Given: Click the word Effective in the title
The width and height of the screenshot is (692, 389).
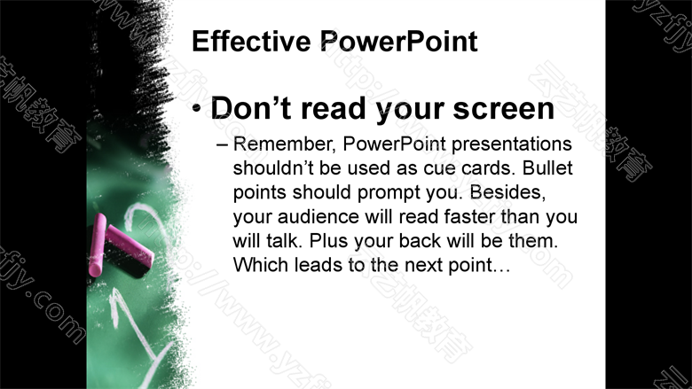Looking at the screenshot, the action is coord(251,42).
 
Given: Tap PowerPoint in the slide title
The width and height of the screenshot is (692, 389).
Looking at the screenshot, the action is coord(398,42).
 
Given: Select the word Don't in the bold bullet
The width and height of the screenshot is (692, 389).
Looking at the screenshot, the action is coord(251,108).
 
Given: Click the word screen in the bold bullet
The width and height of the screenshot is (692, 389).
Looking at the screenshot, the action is coord(504,109).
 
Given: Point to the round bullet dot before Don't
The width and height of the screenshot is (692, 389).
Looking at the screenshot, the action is coord(197,108).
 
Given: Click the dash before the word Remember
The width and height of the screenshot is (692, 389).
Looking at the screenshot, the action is coord(222,145).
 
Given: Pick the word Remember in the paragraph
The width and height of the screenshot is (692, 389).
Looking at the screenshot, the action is coord(285,144).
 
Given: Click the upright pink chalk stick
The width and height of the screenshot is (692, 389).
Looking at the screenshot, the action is coord(97,245).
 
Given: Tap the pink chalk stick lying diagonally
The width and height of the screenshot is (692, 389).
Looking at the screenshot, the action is coord(130,246).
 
